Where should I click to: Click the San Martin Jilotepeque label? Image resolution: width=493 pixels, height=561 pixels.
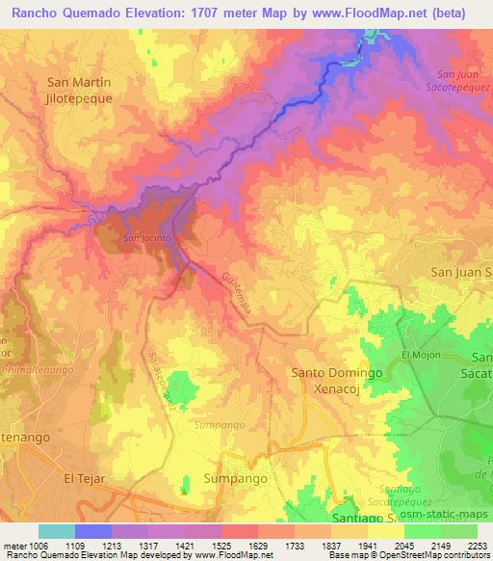pos(80,90)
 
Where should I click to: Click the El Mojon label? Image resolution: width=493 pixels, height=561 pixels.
pos(421,355)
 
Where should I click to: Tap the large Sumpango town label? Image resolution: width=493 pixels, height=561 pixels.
pos(236,478)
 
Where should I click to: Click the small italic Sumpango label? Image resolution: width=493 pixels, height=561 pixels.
pos(215,423)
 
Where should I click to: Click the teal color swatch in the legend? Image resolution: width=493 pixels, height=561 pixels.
pos(57,531)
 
